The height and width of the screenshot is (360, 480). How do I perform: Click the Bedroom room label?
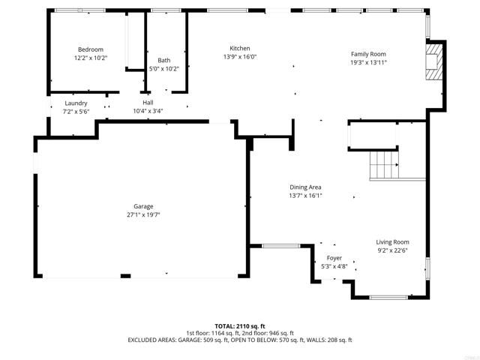pyautogui.click(x=90, y=49)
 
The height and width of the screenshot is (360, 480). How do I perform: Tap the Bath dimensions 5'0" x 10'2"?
pyautogui.click(x=164, y=69)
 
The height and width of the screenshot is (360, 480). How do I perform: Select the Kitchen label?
pyautogui.click(x=240, y=48)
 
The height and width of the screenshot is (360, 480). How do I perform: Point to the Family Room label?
pyautogui.click(x=368, y=54)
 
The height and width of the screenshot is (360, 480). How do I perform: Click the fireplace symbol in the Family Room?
pyautogui.click(x=433, y=60)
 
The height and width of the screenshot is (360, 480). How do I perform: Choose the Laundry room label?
pyautogui.click(x=76, y=103)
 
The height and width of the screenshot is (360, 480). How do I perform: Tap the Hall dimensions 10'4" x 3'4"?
pyautogui.click(x=148, y=111)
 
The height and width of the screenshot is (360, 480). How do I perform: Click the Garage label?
pyautogui.click(x=143, y=206)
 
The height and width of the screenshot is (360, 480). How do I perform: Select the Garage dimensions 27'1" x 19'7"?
pyautogui.click(x=143, y=214)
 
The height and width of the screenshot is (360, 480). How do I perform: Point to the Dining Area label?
pyautogui.click(x=305, y=187)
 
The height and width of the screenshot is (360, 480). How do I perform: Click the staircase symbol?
pyautogui.click(x=385, y=165)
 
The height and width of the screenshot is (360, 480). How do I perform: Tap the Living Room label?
pyautogui.click(x=392, y=241)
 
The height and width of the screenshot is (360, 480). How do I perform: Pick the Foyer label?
pyautogui.click(x=334, y=257)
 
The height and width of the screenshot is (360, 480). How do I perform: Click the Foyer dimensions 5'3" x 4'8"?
pyautogui.click(x=334, y=265)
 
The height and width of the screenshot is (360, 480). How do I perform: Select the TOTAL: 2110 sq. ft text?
pyautogui.click(x=240, y=326)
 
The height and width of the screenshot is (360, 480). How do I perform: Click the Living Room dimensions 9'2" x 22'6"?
pyautogui.click(x=392, y=250)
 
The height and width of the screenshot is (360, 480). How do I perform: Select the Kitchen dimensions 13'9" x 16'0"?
pyautogui.click(x=240, y=57)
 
